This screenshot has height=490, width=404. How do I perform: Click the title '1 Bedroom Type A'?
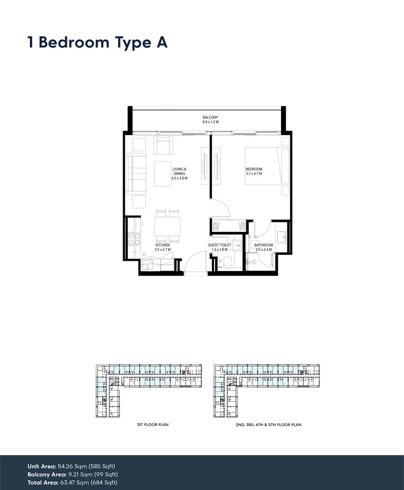(x=97, y=42)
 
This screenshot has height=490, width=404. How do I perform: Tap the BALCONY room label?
(x=210, y=118)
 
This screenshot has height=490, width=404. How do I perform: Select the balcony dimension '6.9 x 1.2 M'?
(x=210, y=122)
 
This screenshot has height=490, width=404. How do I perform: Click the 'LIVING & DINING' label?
(x=179, y=171)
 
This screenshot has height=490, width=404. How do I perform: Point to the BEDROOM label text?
(x=254, y=169)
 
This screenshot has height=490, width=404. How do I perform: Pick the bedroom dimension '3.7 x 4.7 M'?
(x=254, y=174)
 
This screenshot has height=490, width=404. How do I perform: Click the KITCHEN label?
(x=162, y=246)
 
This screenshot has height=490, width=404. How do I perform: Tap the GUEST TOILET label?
(x=219, y=246)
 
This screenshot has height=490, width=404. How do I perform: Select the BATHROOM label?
(x=264, y=246)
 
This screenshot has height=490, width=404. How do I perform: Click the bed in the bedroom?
(x=267, y=166)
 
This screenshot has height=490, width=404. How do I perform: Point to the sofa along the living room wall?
(x=136, y=174)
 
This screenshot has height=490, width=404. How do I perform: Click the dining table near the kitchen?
(x=168, y=226)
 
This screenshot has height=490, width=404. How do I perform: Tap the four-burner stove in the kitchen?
(x=134, y=239)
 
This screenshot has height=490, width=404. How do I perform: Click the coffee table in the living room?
(x=163, y=174)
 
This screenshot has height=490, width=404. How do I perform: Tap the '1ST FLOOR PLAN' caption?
(x=152, y=425)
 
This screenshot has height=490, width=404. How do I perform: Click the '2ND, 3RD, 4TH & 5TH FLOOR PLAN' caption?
(x=269, y=425)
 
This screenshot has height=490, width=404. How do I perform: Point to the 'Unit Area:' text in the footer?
(x=42, y=466)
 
